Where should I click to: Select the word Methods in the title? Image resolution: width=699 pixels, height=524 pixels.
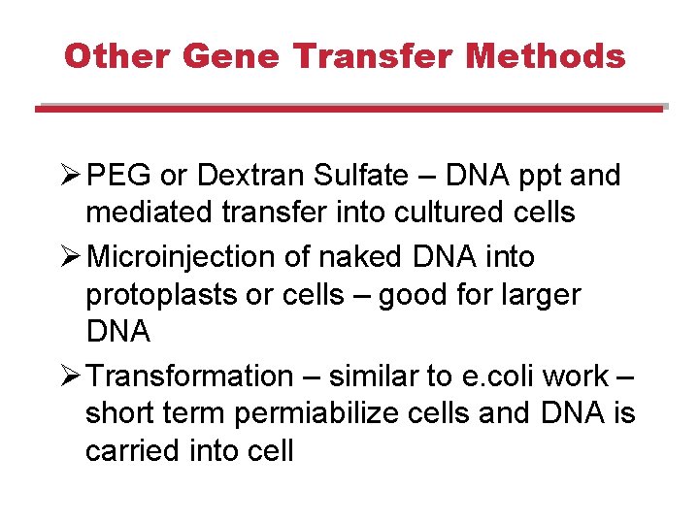tap(546, 56)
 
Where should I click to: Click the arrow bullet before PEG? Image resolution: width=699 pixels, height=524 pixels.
tap(70, 176)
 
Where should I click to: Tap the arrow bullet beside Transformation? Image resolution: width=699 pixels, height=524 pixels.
tap(70, 376)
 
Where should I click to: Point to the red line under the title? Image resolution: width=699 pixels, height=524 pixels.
tap(349, 110)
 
